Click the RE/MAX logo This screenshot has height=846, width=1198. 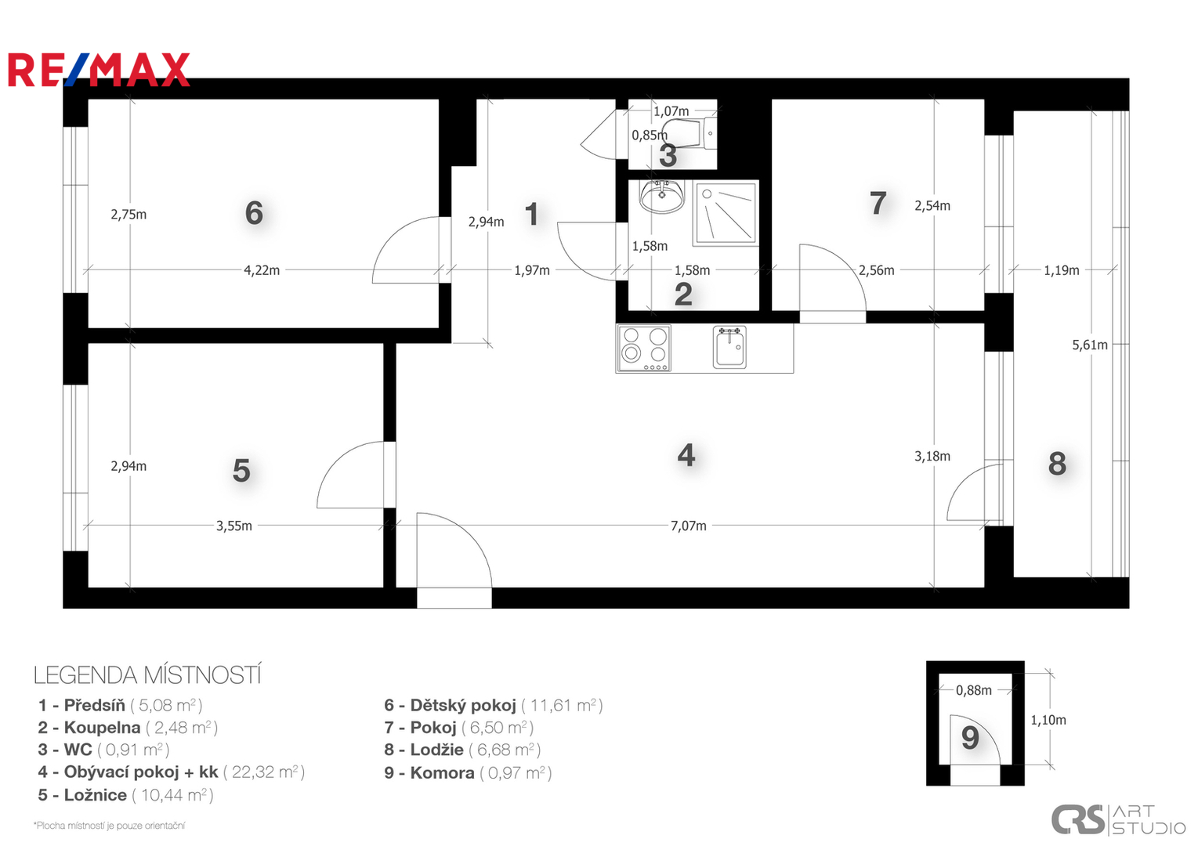pyautogui.click(x=99, y=70)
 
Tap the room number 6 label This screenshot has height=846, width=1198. pyautogui.click(x=254, y=213)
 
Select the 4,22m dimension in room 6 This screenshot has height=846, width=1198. pyautogui.click(x=262, y=270)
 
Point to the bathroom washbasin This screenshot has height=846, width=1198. pyautogui.click(x=661, y=197)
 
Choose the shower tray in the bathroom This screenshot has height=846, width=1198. pyautogui.click(x=726, y=214)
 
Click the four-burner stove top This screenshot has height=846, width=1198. pyautogui.click(x=644, y=349)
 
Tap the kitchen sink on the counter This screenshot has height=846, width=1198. pyautogui.click(x=729, y=348)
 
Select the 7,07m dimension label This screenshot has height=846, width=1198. pyautogui.click(x=688, y=526)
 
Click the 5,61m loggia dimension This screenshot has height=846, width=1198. pyautogui.click(x=1089, y=345)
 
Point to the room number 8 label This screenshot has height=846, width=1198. pyautogui.click(x=1057, y=464)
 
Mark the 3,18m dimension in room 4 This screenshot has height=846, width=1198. pyautogui.click(x=932, y=456)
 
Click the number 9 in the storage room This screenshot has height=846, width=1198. pyautogui.click(x=970, y=738)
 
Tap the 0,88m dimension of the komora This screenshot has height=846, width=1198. pyautogui.click(x=973, y=690)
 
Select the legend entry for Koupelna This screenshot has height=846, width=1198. pyautogui.click(x=127, y=728)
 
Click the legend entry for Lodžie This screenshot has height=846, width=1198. pyautogui.click(x=462, y=750)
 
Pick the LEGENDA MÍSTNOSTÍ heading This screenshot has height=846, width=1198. pyautogui.click(x=147, y=675)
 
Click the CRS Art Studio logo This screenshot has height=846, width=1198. pyautogui.click(x=1118, y=820)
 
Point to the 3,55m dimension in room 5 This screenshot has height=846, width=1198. pyautogui.click(x=233, y=526)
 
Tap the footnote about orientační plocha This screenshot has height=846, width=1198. pyautogui.click(x=109, y=826)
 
